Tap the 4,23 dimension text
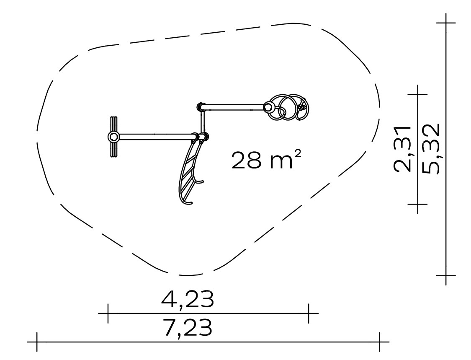(188, 299)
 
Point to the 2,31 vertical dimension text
(402, 149)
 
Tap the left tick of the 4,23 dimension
(108, 313)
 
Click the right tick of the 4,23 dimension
(309, 313)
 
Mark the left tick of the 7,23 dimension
(37, 342)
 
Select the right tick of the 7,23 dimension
(380, 342)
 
